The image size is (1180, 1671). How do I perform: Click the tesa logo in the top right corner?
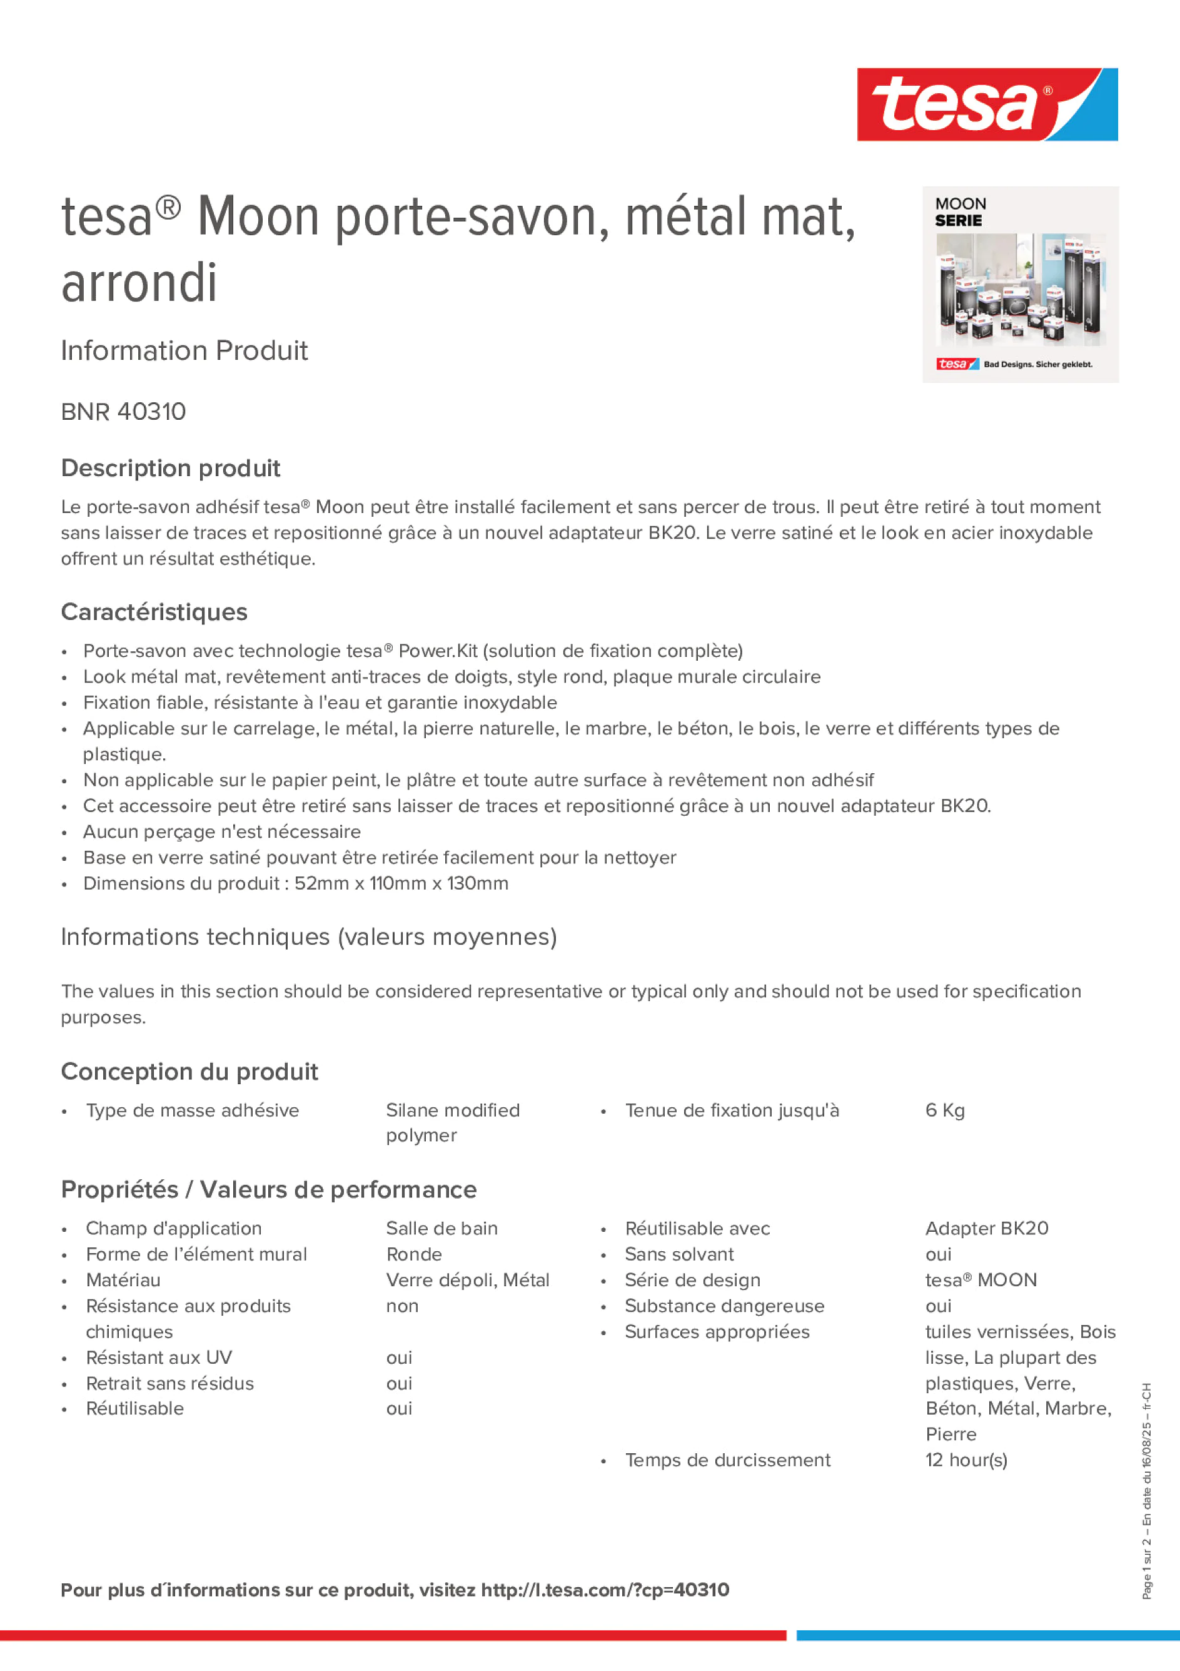[x=987, y=104]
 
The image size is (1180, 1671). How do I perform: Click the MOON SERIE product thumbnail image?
[x=1020, y=285]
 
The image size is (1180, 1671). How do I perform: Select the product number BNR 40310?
[x=124, y=412]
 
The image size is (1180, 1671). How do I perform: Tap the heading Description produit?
[x=170, y=468]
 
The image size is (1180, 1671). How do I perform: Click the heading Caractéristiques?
[x=154, y=612]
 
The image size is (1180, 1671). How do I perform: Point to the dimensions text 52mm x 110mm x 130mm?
[x=401, y=883]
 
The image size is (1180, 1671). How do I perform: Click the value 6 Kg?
[x=944, y=1110]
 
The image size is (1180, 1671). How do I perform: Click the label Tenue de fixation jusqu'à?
[x=732, y=1110]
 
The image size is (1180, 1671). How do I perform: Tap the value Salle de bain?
[x=441, y=1229]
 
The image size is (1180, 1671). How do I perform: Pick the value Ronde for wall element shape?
[x=414, y=1254]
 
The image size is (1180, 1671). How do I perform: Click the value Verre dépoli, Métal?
[x=467, y=1280]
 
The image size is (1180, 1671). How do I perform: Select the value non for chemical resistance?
[x=402, y=1306]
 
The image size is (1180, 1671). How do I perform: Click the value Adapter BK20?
[x=987, y=1229]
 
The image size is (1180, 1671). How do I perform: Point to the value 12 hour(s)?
[x=966, y=1460]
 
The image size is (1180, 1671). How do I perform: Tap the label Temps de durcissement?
[x=727, y=1460]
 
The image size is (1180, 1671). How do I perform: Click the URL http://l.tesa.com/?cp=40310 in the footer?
[x=605, y=1590]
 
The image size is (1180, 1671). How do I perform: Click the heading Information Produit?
[x=184, y=351]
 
